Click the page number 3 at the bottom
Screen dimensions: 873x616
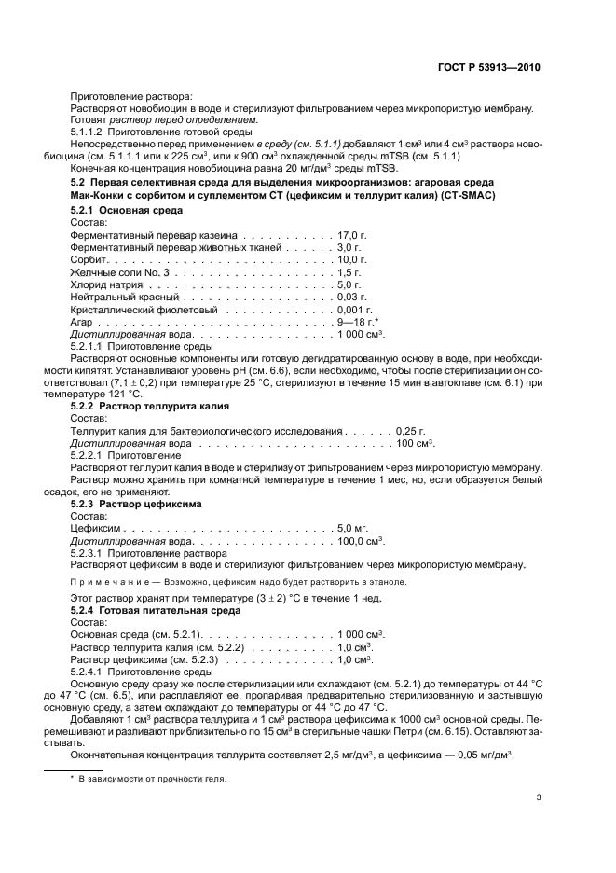point(539,797)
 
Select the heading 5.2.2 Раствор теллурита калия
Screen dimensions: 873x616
point(150,407)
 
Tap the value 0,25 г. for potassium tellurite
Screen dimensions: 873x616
point(410,431)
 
